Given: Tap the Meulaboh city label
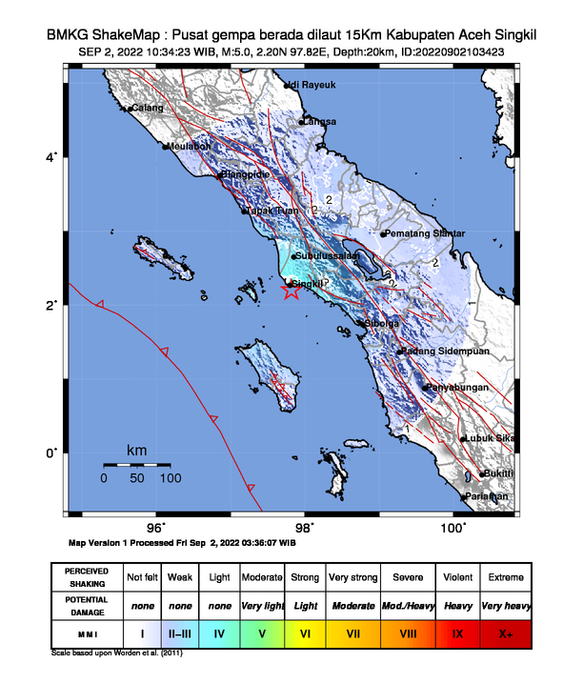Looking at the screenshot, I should click(187, 147).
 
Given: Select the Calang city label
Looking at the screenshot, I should click(148, 109).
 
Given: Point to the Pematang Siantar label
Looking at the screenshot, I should click(425, 233).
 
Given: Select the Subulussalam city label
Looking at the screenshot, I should click(329, 256).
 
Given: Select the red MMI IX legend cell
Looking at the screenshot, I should click(457, 632).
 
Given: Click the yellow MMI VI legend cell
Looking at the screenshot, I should click(306, 632).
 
